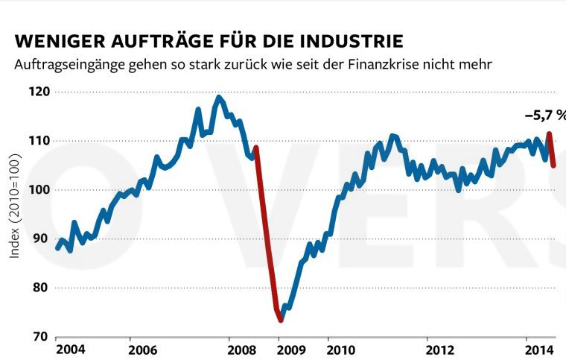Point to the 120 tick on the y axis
40,92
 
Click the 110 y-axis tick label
40,141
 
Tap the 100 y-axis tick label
40,190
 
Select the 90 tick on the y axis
42,239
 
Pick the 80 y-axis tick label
42,288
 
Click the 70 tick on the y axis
42,337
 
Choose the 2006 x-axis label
142,349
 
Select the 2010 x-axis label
340,349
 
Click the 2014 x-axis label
537,349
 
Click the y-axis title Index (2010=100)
16,207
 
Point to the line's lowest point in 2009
281,320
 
